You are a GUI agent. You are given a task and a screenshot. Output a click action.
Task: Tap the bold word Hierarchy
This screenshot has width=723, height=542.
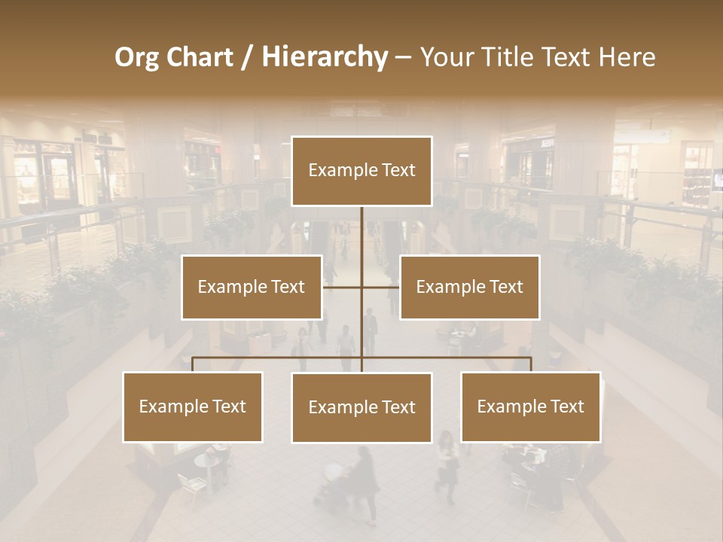click(x=324, y=57)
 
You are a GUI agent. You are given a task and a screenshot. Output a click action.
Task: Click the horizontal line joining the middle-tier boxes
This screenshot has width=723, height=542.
click(x=380, y=287)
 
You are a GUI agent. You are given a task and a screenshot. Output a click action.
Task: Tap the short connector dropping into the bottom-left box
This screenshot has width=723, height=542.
click(x=193, y=364)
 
